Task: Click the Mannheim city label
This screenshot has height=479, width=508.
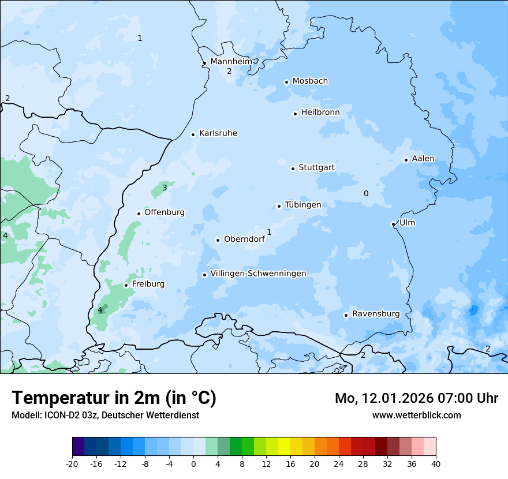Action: [x=231, y=61]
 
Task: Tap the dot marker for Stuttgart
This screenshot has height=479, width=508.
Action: [x=293, y=169]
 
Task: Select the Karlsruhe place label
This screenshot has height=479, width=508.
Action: [x=218, y=133]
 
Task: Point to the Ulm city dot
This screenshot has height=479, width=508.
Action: [x=393, y=224]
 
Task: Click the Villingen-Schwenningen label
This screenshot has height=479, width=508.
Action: [x=258, y=274]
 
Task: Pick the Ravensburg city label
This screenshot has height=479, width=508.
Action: [x=376, y=314]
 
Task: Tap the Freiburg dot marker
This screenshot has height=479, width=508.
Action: [x=126, y=285]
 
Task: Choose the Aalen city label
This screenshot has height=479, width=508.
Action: [x=423, y=159]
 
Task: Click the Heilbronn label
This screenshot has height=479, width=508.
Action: [x=320, y=113]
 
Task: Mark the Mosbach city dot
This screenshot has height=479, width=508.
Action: [x=286, y=82]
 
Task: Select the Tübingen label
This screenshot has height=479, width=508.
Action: [x=303, y=205]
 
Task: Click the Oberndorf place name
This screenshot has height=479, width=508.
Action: [x=244, y=239]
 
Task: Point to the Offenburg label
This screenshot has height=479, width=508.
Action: [x=165, y=212]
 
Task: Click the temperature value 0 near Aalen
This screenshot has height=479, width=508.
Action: [x=366, y=193]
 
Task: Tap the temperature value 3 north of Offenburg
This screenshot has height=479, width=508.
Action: [x=165, y=188]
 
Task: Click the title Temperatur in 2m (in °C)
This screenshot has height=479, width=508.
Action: [x=114, y=398]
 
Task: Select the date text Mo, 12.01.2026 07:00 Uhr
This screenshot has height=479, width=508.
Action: [x=416, y=398]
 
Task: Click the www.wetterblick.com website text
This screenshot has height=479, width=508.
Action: [x=416, y=415]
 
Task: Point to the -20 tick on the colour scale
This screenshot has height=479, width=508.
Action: [x=72, y=464]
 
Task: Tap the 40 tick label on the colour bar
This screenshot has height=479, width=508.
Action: [x=436, y=464]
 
